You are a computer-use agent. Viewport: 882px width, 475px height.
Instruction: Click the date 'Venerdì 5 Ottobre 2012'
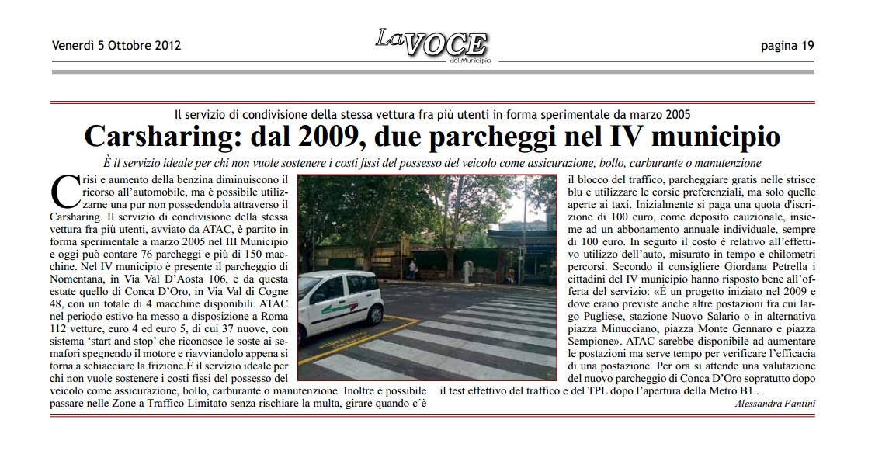116,45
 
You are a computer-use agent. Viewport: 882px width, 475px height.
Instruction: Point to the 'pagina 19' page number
787,45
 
